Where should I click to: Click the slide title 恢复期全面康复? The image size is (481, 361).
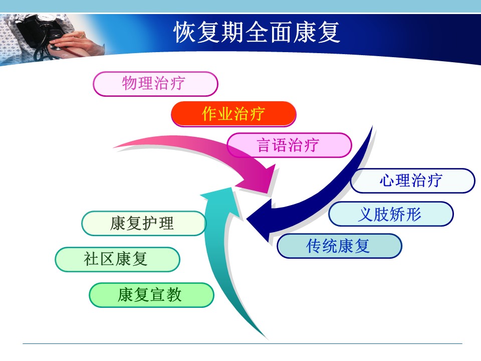[x=257, y=32]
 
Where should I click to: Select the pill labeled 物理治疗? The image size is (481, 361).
[x=155, y=84]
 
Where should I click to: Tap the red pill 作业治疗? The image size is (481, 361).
[x=233, y=114]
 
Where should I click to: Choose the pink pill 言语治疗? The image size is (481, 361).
[x=289, y=145]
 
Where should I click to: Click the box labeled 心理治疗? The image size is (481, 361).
[x=412, y=180]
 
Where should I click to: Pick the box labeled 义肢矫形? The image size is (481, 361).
[x=391, y=214]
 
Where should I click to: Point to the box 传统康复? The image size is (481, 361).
[x=339, y=246]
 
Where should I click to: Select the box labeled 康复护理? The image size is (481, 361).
[x=144, y=223]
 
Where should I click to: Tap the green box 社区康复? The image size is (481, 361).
[x=117, y=259]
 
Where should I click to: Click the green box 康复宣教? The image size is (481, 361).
[x=151, y=295]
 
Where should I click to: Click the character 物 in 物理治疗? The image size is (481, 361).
[x=129, y=83]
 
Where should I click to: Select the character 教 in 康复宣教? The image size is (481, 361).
[x=174, y=295]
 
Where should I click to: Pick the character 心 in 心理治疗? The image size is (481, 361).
[x=387, y=180]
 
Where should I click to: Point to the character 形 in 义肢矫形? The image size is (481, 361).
[x=413, y=214]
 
